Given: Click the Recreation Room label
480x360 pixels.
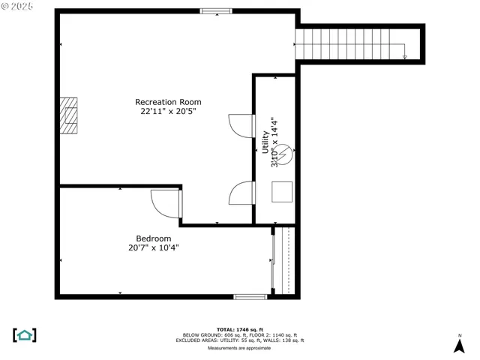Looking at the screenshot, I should click(x=168, y=102).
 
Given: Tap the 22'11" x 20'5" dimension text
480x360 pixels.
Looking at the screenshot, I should click(x=168, y=112).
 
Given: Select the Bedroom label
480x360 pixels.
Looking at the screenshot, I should click(x=153, y=238).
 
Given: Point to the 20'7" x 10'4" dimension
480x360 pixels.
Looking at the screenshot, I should click(x=153, y=247).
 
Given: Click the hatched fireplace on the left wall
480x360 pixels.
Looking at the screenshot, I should click(x=68, y=115).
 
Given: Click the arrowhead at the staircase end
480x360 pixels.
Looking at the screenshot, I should click(x=405, y=56).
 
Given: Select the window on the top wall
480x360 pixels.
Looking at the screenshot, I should click(x=216, y=10).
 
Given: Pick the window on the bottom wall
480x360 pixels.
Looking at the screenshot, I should click(x=250, y=297).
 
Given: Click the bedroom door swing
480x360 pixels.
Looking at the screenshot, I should click(x=165, y=202).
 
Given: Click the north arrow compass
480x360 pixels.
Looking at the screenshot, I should click(x=459, y=343).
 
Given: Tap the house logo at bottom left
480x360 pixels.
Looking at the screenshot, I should click(x=25, y=334).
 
